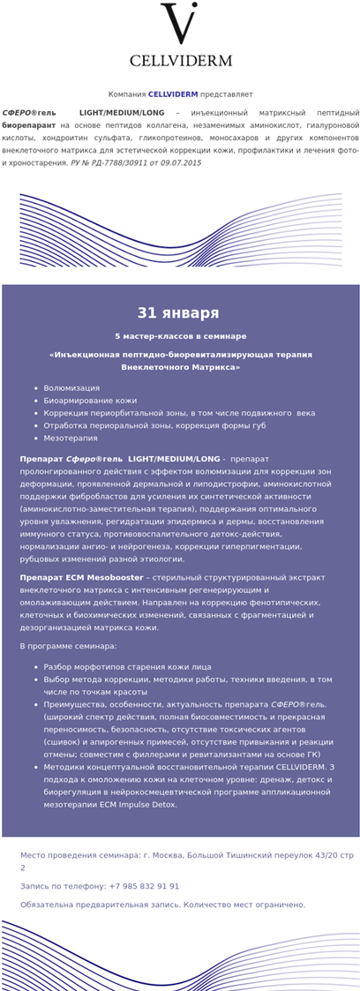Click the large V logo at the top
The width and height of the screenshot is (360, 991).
(180, 25)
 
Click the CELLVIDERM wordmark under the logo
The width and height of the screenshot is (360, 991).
(180, 61)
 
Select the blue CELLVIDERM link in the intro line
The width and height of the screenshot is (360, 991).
(172, 94)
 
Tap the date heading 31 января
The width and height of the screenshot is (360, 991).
(178, 313)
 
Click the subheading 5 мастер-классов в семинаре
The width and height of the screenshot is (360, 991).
(180, 336)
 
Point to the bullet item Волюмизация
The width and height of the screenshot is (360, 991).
(71, 388)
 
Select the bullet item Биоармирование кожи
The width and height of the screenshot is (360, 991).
(90, 401)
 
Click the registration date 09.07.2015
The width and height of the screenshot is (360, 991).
(177, 163)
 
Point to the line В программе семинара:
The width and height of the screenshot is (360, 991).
(68, 647)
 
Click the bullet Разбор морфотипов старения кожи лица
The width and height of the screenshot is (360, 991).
(128, 667)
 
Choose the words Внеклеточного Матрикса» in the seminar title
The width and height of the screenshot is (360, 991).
(180, 366)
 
